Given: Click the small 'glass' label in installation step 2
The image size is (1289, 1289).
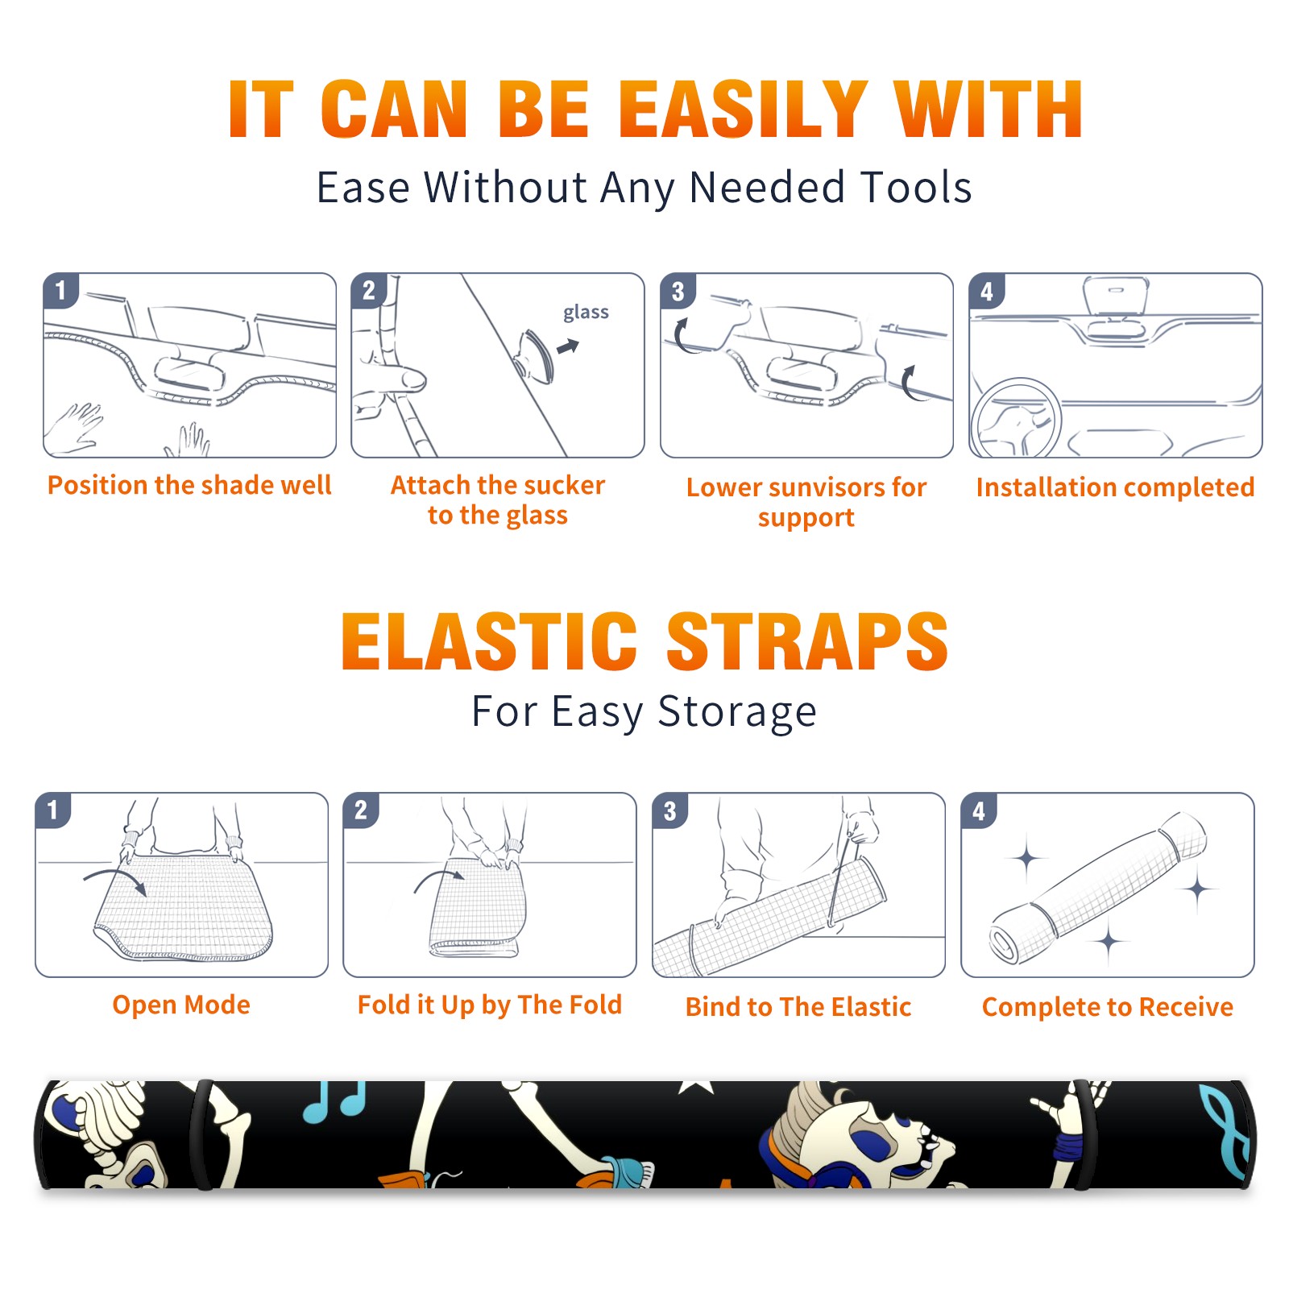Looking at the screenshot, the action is point(586,313).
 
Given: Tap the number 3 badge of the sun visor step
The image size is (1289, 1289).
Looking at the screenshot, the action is point(678,291).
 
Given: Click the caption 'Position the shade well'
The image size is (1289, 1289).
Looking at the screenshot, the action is point(189,485).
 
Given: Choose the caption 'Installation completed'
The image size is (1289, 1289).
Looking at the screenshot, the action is point(1115,487).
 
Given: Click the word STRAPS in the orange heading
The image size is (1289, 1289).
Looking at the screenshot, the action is point(807,641).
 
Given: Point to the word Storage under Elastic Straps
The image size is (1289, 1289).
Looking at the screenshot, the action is point(738,713).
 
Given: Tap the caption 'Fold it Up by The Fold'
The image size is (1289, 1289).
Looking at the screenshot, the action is point(490,1005).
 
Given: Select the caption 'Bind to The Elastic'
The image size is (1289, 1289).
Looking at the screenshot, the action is point(798,1007).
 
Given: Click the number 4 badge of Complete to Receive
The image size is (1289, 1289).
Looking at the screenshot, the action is point(979,810).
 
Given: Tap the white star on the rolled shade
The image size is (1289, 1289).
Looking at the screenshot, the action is point(697,1087).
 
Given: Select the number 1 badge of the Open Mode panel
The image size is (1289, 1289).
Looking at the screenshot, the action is point(52,810).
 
